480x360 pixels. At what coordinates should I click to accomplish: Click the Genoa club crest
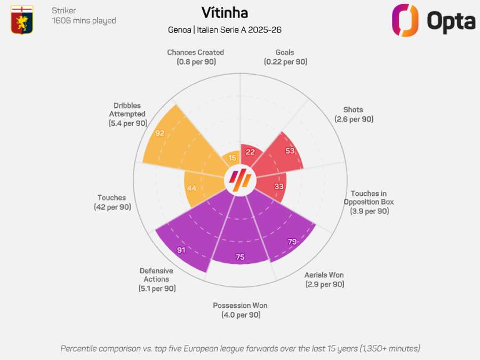pyautogui.click(x=22, y=20)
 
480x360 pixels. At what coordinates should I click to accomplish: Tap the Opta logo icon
pyautogui.click(x=405, y=20)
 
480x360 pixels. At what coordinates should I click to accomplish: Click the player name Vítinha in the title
pyautogui.click(x=225, y=12)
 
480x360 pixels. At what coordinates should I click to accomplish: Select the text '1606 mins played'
pyautogui.click(x=84, y=21)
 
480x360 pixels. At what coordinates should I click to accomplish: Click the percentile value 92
pyautogui.click(x=160, y=133)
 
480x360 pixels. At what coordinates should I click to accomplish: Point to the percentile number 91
pyautogui.click(x=181, y=250)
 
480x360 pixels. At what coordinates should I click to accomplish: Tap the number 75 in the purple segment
pyautogui.click(x=240, y=257)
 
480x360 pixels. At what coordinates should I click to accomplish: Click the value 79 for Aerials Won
pyautogui.click(x=292, y=242)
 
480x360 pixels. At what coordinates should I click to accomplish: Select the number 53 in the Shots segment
pyautogui.click(x=290, y=151)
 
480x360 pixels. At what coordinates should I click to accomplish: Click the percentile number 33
pyautogui.click(x=279, y=186)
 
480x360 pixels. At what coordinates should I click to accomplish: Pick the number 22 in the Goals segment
pyautogui.click(x=250, y=152)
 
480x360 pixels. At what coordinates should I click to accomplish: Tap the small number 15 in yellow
pyautogui.click(x=233, y=158)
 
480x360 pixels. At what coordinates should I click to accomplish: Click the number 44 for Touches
pyautogui.click(x=192, y=188)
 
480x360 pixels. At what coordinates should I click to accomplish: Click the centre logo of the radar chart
pyautogui.click(x=240, y=181)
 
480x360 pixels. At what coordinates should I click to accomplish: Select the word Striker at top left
pyautogui.click(x=63, y=11)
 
